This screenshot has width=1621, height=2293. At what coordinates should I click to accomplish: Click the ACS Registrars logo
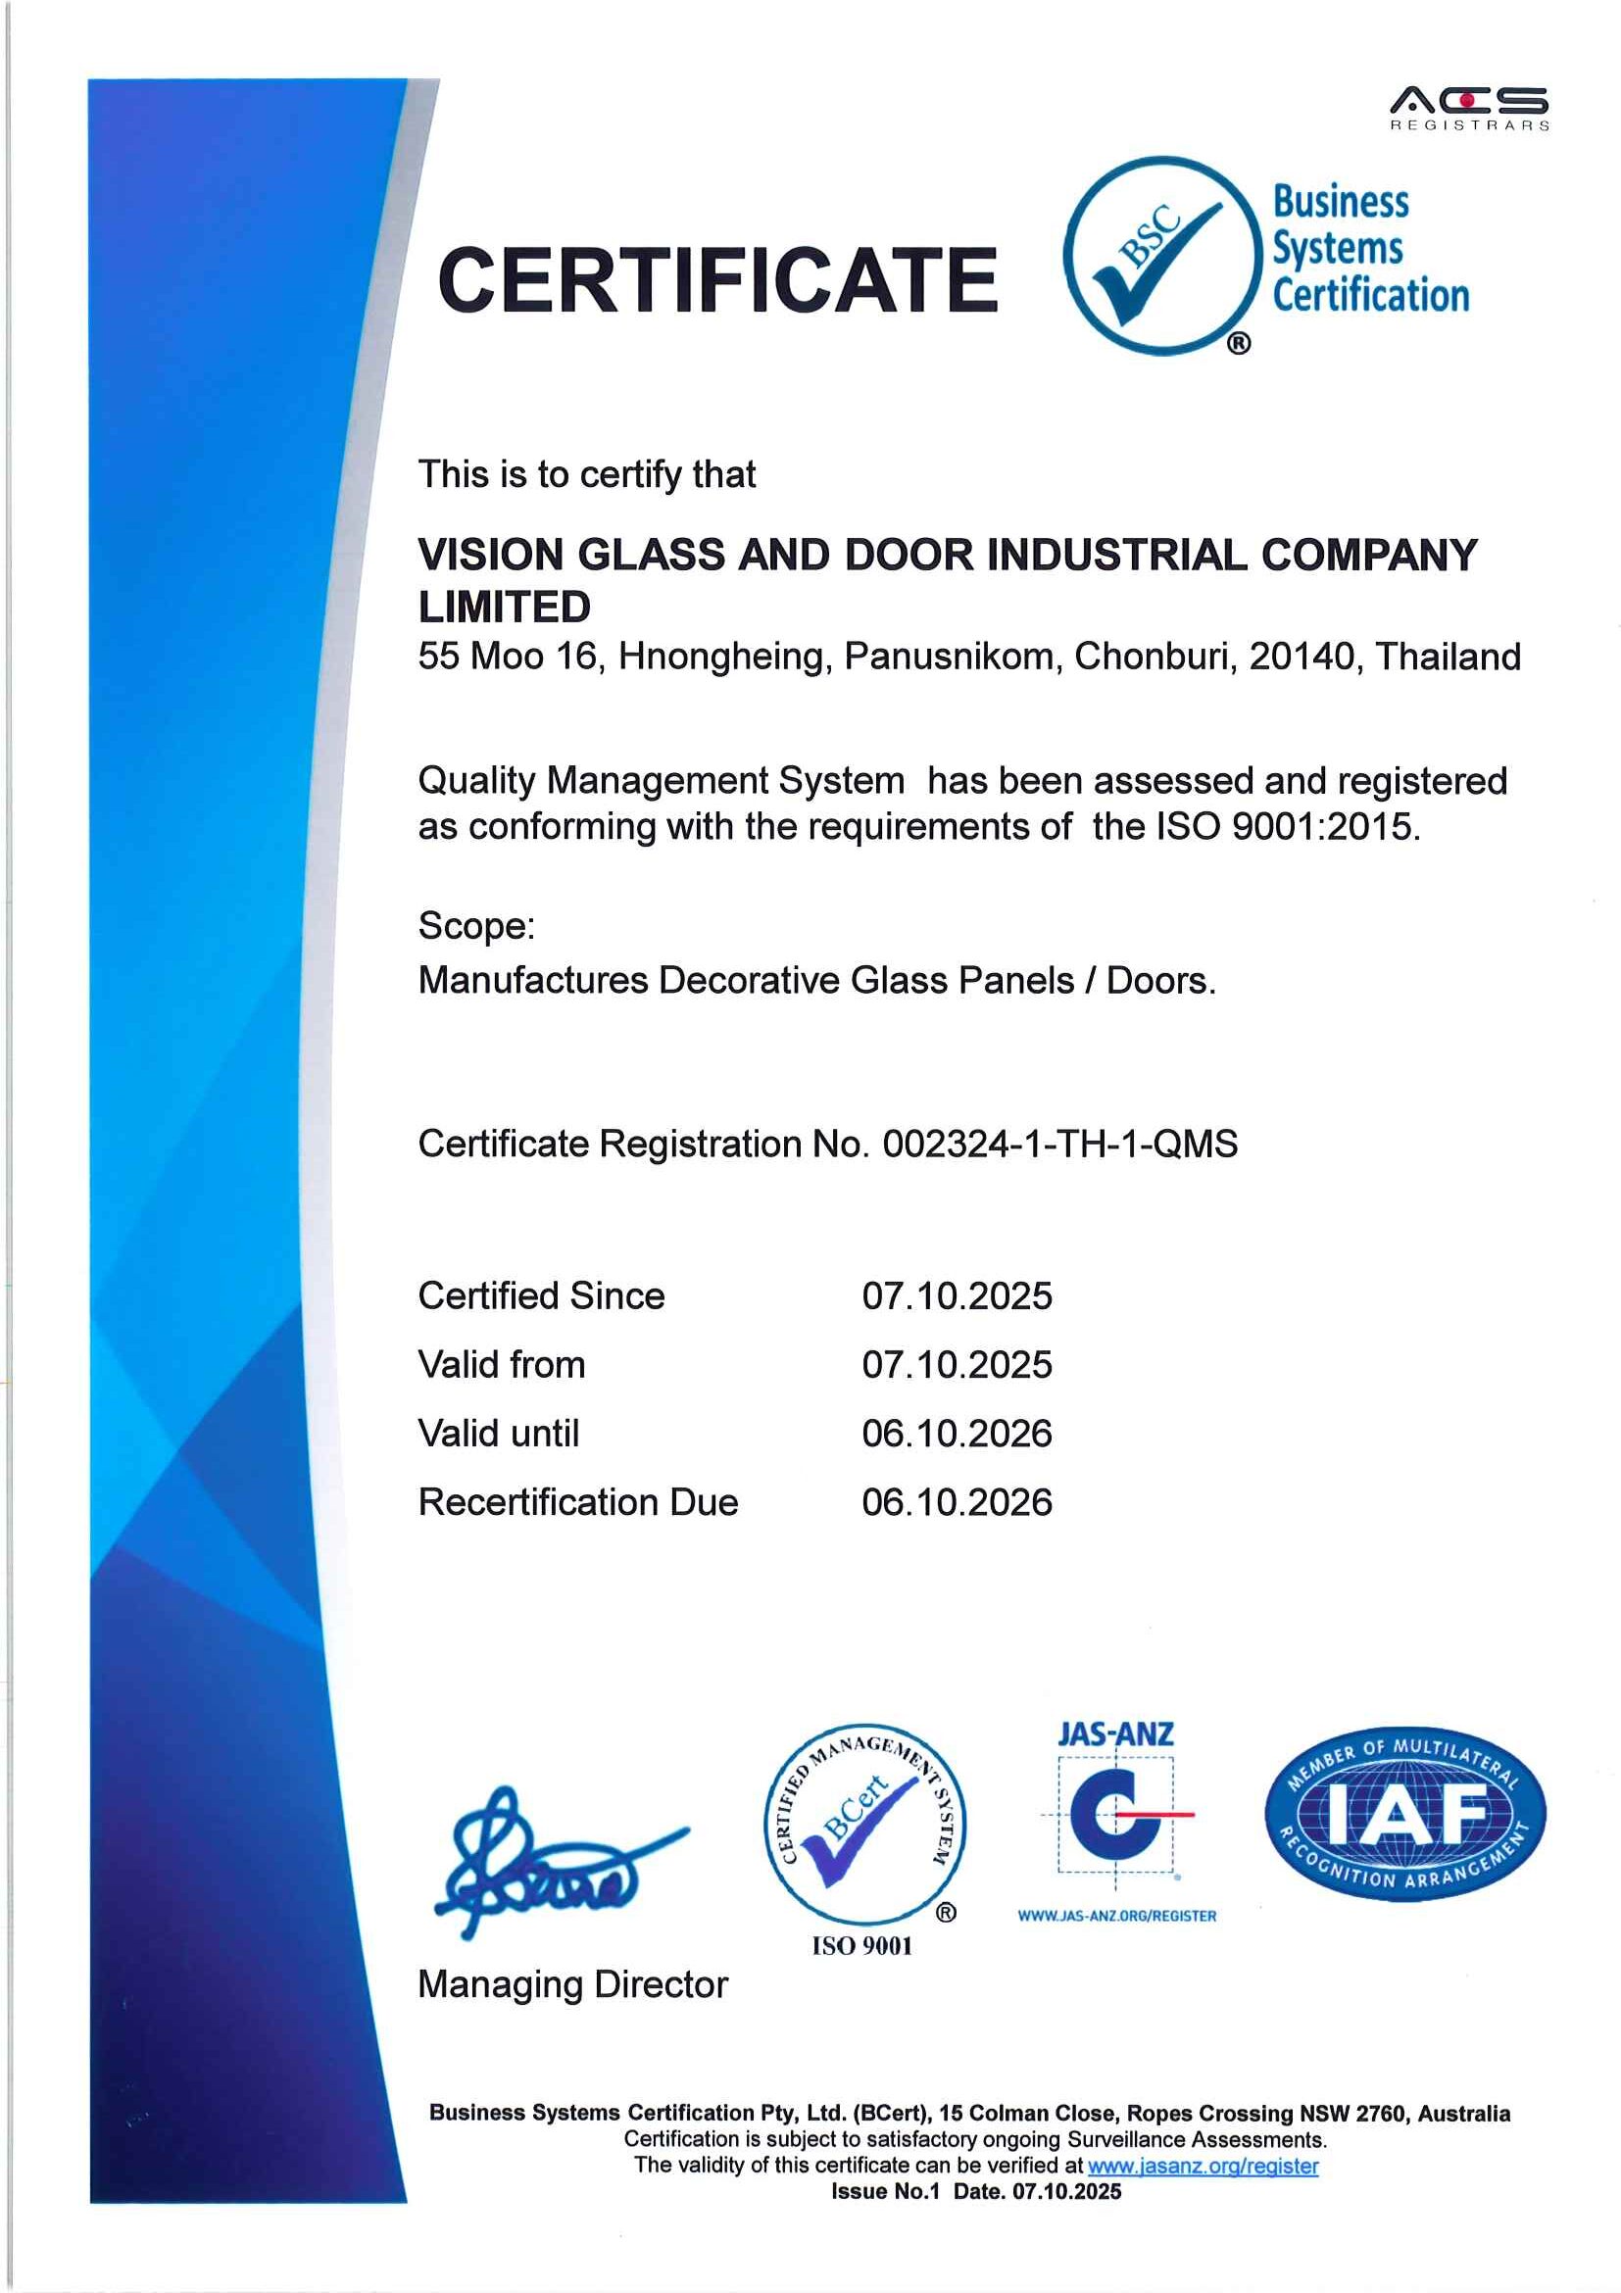click(1468, 108)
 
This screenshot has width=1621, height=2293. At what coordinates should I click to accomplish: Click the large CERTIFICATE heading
click(717, 280)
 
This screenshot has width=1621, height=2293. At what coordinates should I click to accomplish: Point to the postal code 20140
click(1304, 657)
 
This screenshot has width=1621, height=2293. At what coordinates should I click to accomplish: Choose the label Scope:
click(476, 926)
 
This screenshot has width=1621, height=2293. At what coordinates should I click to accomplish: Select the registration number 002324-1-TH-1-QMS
click(1058, 1144)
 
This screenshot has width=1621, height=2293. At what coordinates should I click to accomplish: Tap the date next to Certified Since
click(956, 1296)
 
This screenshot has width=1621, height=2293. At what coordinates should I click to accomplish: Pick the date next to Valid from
click(956, 1365)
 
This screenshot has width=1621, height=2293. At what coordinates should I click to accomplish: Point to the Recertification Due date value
click(956, 1503)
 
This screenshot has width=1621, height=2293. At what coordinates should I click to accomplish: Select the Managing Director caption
click(572, 1984)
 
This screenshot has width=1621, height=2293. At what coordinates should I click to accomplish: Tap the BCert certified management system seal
click(864, 1826)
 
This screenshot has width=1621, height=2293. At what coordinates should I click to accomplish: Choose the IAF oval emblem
click(1404, 1815)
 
